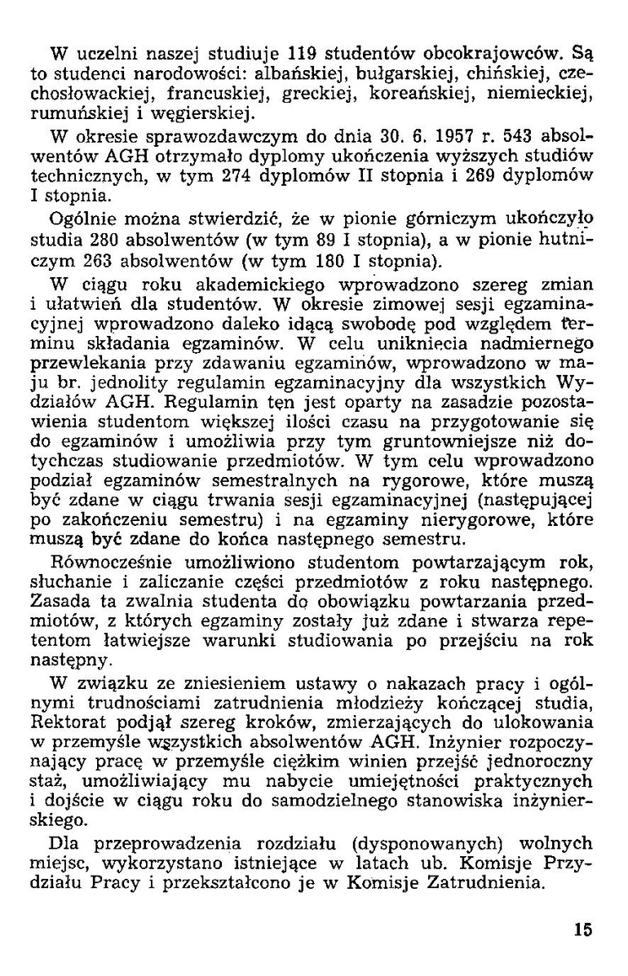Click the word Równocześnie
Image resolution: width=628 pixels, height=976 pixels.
(101, 563)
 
